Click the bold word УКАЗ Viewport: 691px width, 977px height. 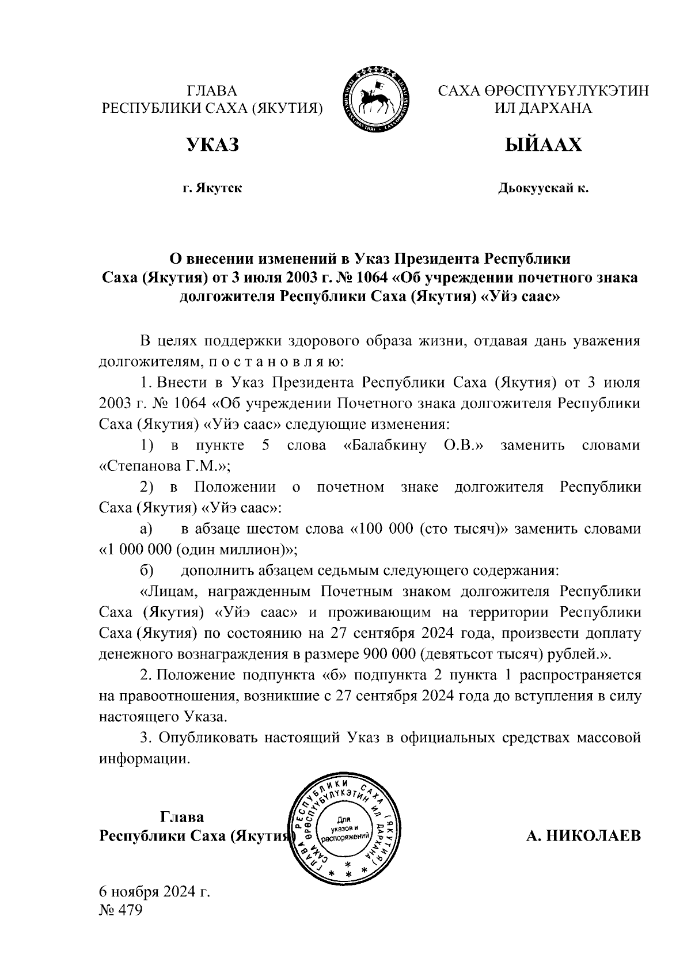[212, 145]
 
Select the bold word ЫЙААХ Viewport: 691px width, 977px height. [543, 145]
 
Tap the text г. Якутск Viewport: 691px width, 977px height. [212, 188]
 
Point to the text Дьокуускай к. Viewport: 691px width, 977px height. [543, 188]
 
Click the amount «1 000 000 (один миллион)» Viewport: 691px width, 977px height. [198, 549]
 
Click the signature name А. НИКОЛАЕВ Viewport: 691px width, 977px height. [583, 835]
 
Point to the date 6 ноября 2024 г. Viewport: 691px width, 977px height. [155, 892]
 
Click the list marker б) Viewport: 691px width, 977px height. [146, 571]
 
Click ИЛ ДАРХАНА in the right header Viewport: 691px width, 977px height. [543, 108]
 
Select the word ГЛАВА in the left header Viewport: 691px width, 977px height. [212, 91]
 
